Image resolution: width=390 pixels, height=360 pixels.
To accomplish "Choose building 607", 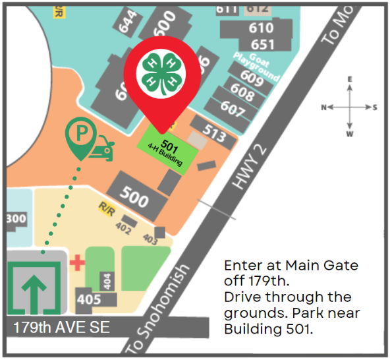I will coord(232,106).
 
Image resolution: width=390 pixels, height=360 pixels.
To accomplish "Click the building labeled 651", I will coord(262,44).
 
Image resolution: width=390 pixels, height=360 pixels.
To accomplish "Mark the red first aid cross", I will coord(77,263).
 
